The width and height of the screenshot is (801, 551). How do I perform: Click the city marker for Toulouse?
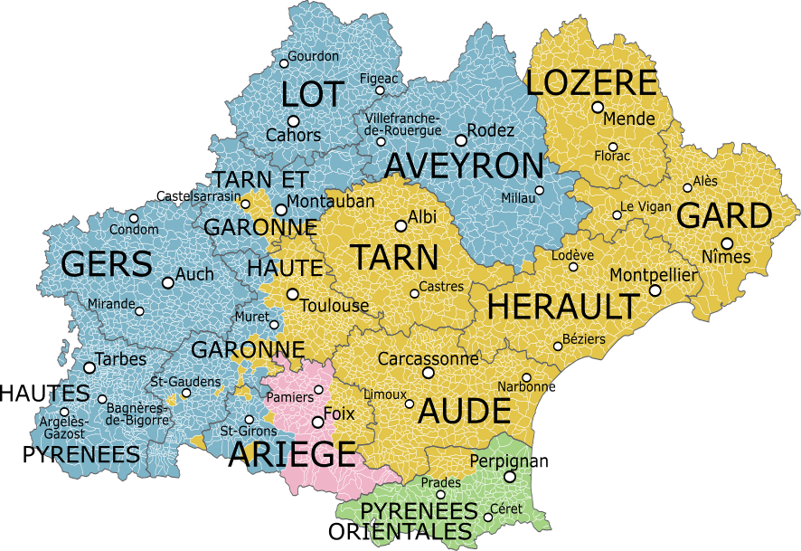point(292,294)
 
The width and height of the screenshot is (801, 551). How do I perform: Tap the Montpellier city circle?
point(655,290)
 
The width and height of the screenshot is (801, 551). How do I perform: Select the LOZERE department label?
point(591,83)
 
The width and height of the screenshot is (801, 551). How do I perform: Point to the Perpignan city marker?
point(510,477)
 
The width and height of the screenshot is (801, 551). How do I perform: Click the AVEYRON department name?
point(465,166)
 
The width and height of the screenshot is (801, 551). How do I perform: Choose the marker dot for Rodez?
point(461,140)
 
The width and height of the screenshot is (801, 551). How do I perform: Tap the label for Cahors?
point(293,135)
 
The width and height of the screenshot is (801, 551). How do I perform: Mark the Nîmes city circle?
point(726,242)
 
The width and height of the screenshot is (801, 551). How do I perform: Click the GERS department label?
point(107,265)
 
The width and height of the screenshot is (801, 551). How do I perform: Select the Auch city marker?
point(167,282)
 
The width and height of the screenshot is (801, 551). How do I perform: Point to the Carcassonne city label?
point(429,358)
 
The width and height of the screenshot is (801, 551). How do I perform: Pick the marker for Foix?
point(317,422)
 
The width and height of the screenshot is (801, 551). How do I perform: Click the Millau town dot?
point(540,190)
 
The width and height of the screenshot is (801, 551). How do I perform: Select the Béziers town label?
point(584,338)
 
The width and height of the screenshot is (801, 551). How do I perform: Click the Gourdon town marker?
point(283,63)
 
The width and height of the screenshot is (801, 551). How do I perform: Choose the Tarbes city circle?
point(89,367)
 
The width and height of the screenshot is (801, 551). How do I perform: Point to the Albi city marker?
point(400,226)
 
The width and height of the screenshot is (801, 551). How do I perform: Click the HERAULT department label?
point(562,307)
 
